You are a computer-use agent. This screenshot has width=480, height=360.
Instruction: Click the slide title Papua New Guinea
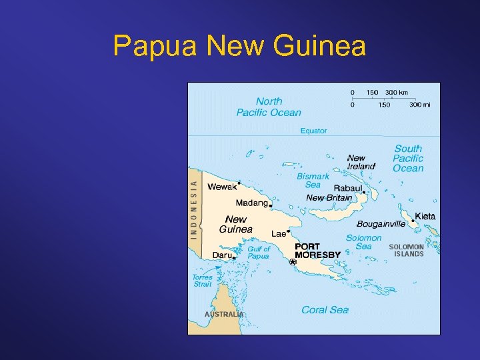click(239, 46)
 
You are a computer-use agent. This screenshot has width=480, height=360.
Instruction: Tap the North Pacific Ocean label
click(269, 107)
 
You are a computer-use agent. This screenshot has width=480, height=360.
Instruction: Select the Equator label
click(313, 131)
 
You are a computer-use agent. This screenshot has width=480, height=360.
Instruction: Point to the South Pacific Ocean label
click(408, 159)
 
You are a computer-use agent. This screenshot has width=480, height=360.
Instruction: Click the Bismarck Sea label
click(313, 181)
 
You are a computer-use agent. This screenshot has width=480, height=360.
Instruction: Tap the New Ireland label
click(361, 162)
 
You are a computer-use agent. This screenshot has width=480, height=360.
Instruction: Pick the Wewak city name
click(222, 187)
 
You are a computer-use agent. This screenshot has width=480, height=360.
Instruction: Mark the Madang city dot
click(271, 206)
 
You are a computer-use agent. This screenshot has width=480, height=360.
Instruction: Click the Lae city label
click(279, 234)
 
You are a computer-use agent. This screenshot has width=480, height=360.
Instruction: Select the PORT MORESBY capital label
click(317, 251)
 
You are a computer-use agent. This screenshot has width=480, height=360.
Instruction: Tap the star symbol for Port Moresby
click(293, 262)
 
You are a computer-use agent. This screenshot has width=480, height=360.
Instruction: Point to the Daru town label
click(222, 255)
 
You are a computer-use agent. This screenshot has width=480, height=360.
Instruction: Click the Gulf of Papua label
click(259, 253)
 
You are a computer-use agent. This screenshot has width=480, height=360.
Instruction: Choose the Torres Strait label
click(203, 281)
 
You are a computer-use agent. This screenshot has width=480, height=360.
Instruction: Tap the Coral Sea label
click(325, 310)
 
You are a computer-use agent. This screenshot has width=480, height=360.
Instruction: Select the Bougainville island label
click(381, 224)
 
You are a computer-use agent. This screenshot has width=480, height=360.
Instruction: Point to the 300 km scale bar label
click(397, 92)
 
